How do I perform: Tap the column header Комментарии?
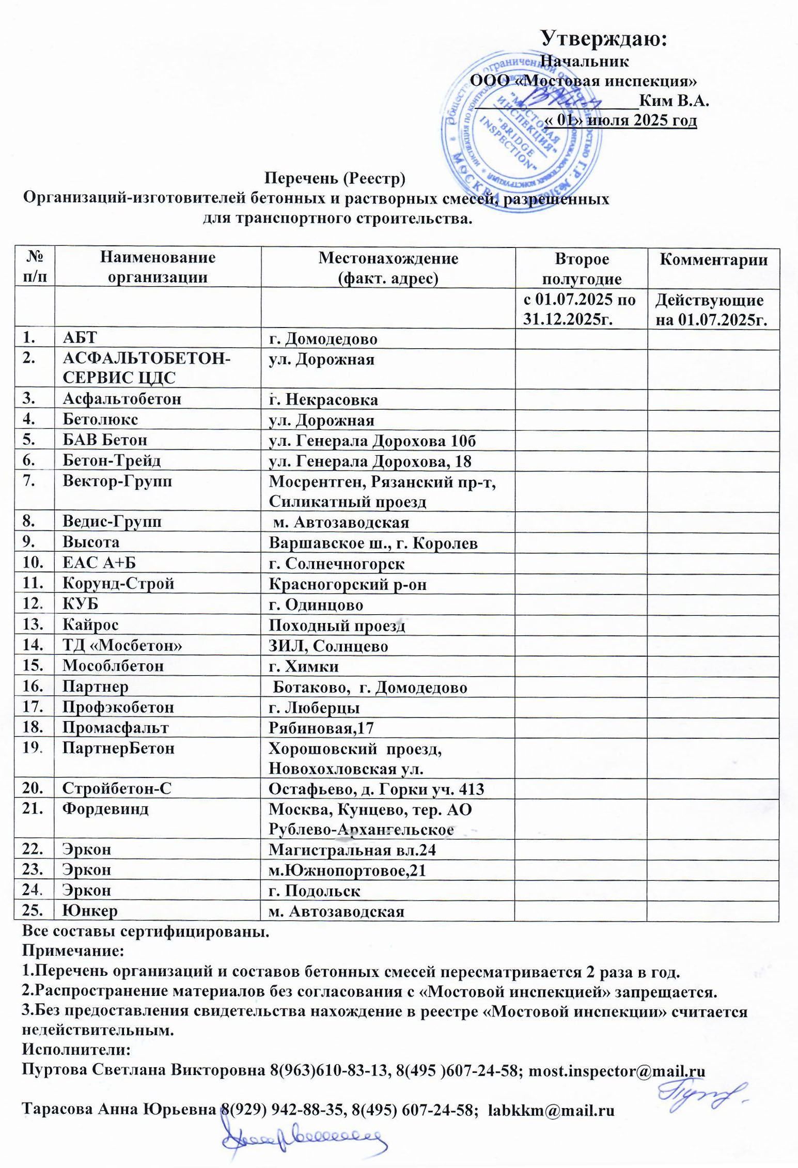(x=713, y=259)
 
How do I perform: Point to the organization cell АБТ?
(x=80, y=338)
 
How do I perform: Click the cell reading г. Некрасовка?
(x=323, y=399)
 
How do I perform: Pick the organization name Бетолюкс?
(x=100, y=419)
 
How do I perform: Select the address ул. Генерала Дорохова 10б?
(x=372, y=440)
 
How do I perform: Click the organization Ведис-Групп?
(x=112, y=521)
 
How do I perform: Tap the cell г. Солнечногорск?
(x=337, y=563)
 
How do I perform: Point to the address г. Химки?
(x=304, y=666)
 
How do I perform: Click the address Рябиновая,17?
(x=321, y=728)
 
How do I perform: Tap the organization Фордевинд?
(x=105, y=808)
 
